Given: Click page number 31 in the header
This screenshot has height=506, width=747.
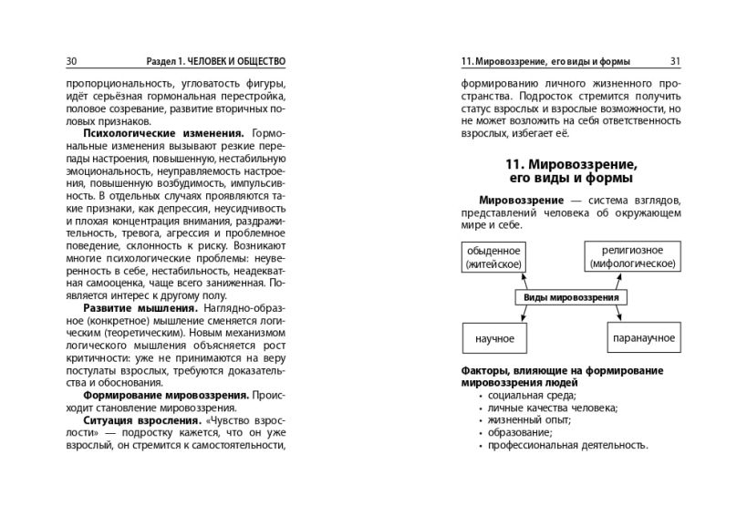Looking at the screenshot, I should click(x=675, y=61).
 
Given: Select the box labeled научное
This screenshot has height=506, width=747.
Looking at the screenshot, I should click(x=494, y=338).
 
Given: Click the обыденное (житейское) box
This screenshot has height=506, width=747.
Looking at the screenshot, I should click(x=493, y=257).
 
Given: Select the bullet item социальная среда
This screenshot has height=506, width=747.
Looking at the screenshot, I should click(x=531, y=396).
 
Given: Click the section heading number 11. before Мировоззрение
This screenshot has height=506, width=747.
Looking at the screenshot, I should click(x=514, y=164).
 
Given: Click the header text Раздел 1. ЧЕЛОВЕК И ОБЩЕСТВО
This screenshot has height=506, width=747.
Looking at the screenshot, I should click(x=215, y=61).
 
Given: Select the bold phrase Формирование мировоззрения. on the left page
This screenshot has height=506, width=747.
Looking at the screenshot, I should click(x=166, y=397).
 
